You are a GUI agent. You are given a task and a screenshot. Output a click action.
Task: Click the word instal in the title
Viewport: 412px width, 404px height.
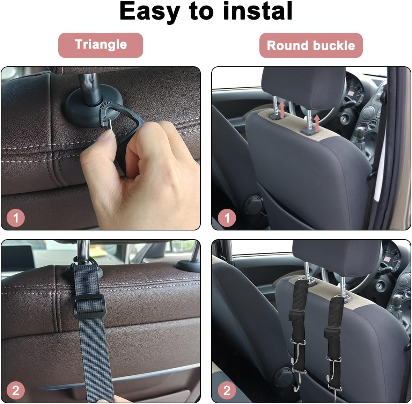(x=258, y=11)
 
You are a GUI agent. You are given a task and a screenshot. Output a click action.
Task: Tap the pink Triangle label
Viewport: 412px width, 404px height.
(x=101, y=45)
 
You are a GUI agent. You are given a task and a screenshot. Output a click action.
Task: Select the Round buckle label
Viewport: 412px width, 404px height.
(x=311, y=45)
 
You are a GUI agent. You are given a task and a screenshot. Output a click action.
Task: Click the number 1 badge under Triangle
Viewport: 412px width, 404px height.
(x=16, y=218)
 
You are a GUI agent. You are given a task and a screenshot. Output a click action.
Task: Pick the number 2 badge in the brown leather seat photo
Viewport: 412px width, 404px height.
(x=16, y=390)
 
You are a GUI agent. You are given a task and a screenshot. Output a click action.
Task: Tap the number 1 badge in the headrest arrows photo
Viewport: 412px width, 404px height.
(x=227, y=218)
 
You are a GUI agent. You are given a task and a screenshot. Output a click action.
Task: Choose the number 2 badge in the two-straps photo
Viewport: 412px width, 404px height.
(x=227, y=390)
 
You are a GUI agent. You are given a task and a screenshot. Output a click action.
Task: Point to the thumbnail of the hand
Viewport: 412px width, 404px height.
(x=105, y=140)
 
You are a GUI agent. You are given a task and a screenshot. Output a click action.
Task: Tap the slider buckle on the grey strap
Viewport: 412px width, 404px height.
(x=89, y=304)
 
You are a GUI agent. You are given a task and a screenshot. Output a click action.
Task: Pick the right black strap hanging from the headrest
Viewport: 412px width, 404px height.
(x=333, y=321)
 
